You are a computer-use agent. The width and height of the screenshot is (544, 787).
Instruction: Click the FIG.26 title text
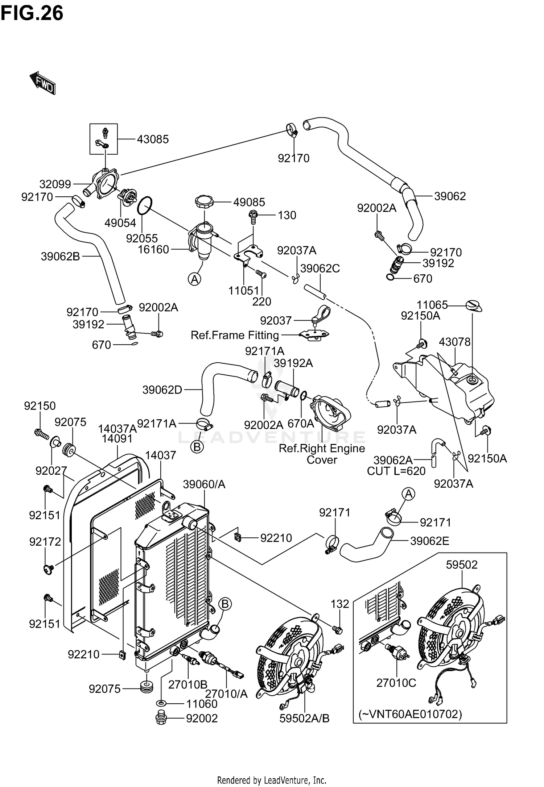coord(32,13)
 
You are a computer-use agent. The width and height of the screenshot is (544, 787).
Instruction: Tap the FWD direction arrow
coord(42,83)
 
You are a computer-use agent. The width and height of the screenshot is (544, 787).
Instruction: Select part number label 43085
coord(153,139)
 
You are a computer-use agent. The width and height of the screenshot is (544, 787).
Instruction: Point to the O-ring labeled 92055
coord(145,206)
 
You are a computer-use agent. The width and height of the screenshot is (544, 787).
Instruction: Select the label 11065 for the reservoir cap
coord(432,305)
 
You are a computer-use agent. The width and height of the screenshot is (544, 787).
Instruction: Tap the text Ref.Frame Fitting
coord(235,335)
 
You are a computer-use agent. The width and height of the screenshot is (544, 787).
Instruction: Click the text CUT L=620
coord(396,471)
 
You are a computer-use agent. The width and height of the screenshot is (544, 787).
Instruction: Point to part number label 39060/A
coord(204,484)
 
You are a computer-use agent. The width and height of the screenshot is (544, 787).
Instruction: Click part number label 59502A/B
coord(304,718)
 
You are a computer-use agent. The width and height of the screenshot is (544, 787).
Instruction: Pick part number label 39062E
coord(429,541)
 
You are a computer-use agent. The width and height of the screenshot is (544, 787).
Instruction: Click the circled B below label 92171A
coord(197,447)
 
